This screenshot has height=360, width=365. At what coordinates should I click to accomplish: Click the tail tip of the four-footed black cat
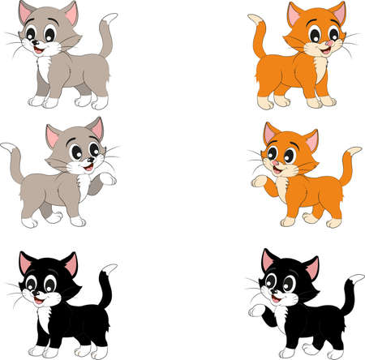[x=111, y=268]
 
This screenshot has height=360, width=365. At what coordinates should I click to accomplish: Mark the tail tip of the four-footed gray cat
[x=111, y=17]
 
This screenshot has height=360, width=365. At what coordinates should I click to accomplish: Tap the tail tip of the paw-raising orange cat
[x=355, y=152]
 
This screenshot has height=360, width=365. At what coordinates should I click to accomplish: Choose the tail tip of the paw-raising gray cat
[x=6, y=146]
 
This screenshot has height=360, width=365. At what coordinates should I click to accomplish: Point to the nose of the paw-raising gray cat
[x=91, y=161]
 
